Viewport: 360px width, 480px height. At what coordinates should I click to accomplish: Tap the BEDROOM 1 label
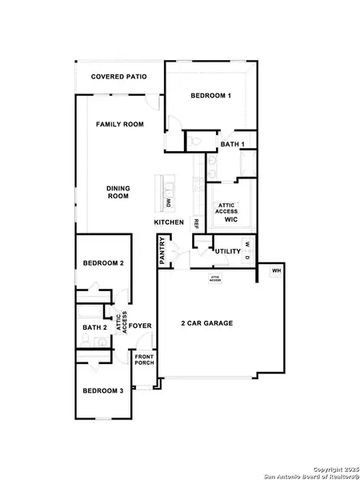(210, 96)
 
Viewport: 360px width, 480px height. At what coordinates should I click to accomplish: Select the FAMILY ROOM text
(119, 125)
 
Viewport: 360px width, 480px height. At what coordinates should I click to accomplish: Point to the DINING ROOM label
(118, 192)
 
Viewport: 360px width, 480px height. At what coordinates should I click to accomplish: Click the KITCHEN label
(170, 222)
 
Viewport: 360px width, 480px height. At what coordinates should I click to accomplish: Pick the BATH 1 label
(231, 144)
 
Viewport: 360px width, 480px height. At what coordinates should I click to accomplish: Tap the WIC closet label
(231, 218)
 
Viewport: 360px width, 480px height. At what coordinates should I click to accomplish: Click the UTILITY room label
(228, 251)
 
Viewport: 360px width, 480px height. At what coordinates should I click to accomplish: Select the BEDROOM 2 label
(103, 263)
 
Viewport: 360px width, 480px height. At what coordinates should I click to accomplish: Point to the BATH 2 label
(94, 327)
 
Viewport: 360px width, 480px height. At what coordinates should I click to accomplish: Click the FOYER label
(142, 326)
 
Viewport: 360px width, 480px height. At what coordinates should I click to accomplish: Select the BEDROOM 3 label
(103, 390)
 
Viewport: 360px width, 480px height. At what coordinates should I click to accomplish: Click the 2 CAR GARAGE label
(206, 323)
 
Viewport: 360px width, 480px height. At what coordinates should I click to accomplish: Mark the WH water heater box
(276, 270)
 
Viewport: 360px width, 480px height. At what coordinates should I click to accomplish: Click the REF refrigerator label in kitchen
(194, 225)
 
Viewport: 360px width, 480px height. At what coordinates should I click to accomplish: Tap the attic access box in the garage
(215, 279)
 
